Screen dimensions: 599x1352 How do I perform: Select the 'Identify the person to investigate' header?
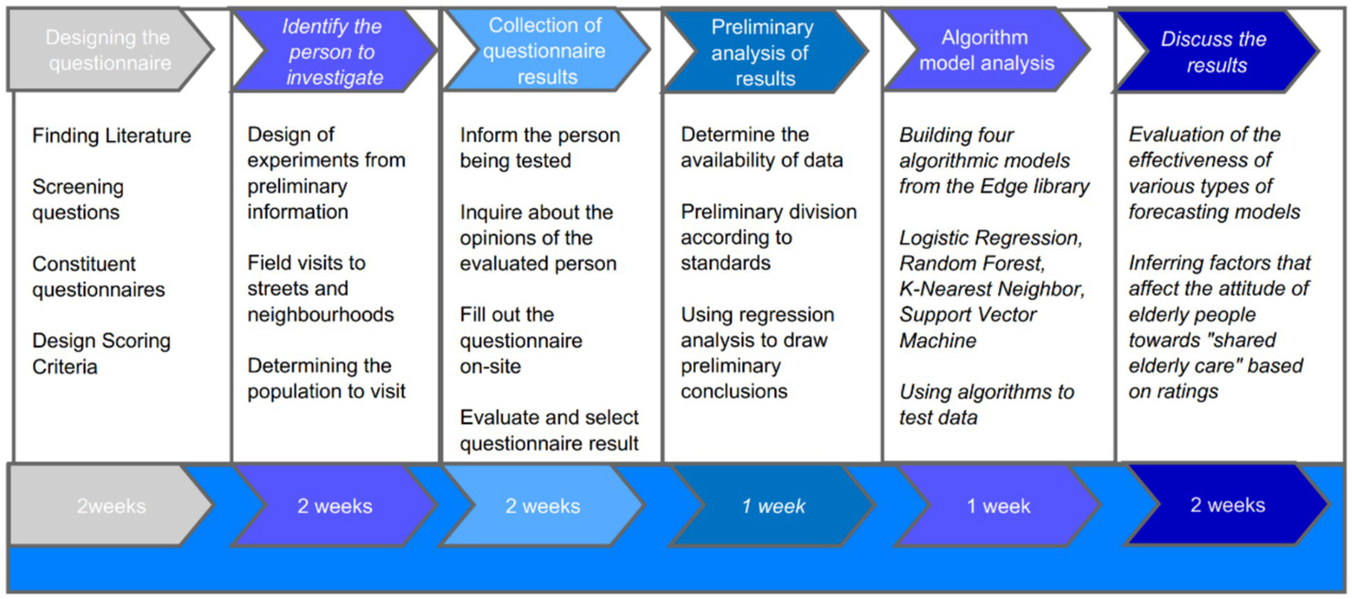pos(332,51)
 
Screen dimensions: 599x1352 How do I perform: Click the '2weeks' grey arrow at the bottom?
pos(109,507)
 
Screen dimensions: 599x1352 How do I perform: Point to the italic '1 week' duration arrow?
pos(773,507)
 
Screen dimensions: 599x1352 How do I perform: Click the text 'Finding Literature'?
pos(111,136)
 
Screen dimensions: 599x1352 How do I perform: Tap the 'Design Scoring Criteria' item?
pos(101,353)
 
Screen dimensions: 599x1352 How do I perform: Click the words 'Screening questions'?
pos(78,200)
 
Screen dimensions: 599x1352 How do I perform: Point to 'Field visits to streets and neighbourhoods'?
pos(320,289)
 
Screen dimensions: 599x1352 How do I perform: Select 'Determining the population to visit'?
pos(326,379)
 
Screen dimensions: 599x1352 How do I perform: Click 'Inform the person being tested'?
pos(539,148)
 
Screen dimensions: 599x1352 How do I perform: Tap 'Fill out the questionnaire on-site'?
pos(521,340)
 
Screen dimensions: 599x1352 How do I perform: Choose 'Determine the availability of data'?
pos(761,148)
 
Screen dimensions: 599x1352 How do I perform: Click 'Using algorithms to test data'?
pos(986,404)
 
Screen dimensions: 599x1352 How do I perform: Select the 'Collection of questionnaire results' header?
pos(546,51)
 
